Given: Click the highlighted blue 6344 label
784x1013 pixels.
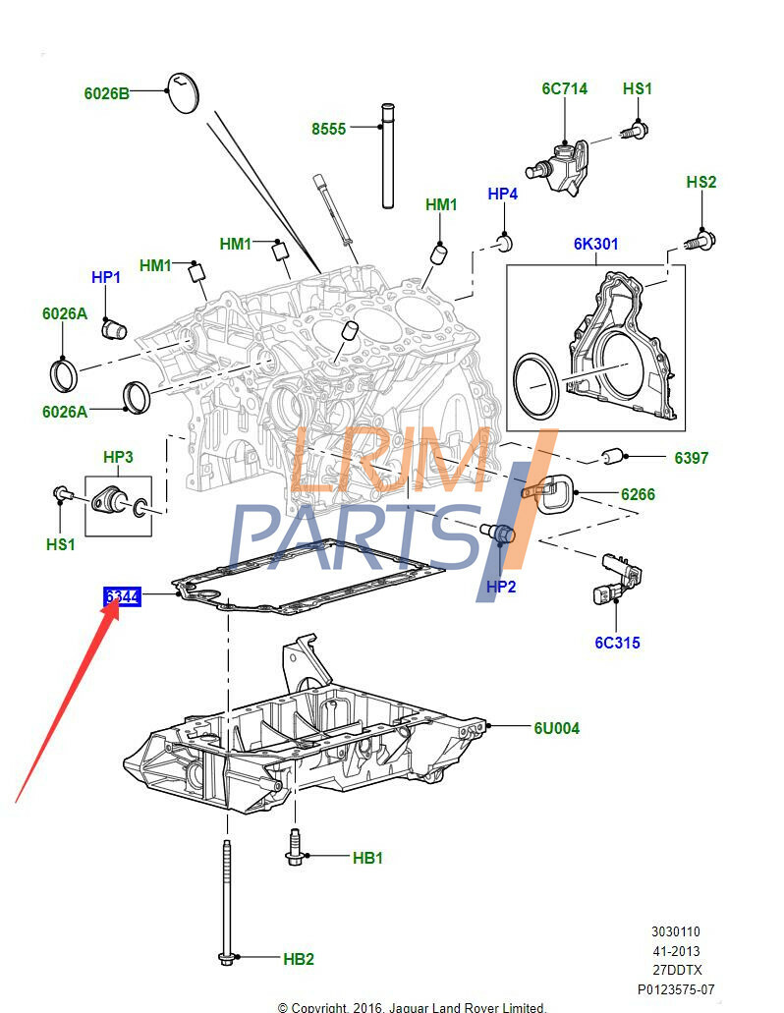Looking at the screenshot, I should coord(124,596).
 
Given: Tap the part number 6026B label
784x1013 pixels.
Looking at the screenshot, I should coord(106,94).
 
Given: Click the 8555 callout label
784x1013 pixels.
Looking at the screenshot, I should coord(328,129).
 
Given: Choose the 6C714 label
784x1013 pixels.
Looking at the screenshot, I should coord(564,88).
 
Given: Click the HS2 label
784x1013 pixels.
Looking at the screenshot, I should coord(700,182).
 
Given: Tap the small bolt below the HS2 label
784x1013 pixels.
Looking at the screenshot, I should coord(700,237).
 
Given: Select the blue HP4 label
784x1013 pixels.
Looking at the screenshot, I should coord(502,194).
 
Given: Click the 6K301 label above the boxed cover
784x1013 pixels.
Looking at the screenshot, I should coord(596,244).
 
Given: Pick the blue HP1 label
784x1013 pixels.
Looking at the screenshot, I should coord(106,278).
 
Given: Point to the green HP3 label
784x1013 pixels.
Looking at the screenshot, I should coord(118,457).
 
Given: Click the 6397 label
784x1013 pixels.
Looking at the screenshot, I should coord(691,458).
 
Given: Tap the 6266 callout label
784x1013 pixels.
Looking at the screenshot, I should coord(638,494).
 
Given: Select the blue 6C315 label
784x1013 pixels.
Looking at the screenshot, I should coord(617,644).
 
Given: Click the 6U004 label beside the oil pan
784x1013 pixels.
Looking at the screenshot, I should coord(556,728).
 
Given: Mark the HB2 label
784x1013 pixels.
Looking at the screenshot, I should coord(299,958).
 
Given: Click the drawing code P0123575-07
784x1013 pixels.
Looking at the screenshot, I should coord(675,989).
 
